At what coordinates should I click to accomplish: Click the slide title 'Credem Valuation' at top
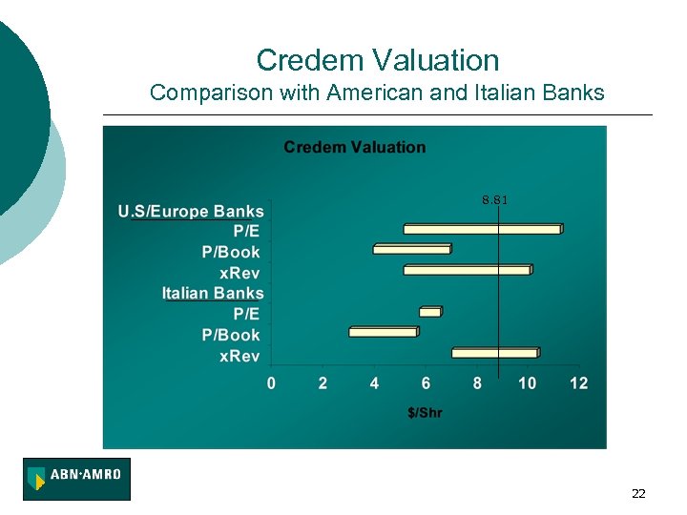tap(377, 61)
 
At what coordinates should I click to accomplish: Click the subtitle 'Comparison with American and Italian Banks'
tap(377, 93)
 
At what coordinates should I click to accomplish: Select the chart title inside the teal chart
tap(354, 147)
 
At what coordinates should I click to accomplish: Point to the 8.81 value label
tap(495, 200)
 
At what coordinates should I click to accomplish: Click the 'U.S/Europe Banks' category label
tap(191, 211)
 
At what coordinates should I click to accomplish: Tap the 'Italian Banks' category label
tap(213, 293)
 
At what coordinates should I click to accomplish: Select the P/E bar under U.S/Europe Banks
tap(482, 229)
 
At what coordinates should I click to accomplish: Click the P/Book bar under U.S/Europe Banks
tap(411, 249)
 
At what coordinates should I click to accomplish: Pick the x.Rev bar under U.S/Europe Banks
tap(467, 270)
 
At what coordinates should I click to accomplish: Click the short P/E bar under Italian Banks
tap(430, 312)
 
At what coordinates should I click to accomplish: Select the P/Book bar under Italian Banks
tap(383, 332)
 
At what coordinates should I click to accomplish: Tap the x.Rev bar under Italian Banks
tap(495, 353)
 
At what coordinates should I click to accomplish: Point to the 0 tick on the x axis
tap(271, 383)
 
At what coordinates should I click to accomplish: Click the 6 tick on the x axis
tap(426, 383)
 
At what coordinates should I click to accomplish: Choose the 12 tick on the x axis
tap(578, 383)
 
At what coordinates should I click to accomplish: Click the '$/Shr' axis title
tap(425, 413)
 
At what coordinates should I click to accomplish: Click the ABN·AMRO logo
tap(76, 479)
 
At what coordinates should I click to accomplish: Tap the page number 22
tap(638, 493)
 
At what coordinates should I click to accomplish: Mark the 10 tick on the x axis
tap(527, 383)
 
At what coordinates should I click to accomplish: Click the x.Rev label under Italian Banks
tap(239, 356)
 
